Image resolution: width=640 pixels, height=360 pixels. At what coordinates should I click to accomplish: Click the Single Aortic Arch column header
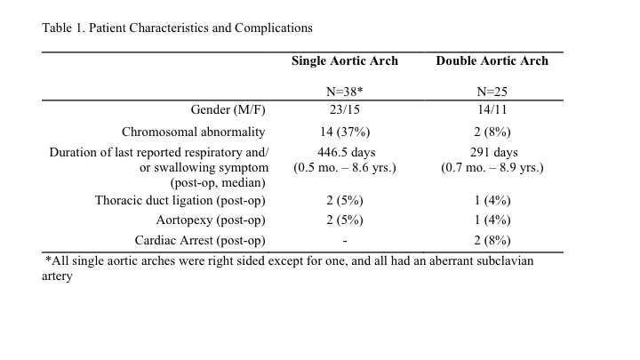click(345, 60)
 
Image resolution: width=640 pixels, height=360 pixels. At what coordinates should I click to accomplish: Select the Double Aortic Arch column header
click(492, 60)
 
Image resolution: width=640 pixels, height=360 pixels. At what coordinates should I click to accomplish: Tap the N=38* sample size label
click(345, 92)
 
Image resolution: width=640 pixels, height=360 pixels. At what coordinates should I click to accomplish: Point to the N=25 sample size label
click(492, 92)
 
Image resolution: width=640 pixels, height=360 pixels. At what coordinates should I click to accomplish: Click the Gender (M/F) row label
click(228, 110)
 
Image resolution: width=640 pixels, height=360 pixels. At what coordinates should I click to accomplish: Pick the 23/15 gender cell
click(345, 110)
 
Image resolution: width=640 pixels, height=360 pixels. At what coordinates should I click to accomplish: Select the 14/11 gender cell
click(492, 110)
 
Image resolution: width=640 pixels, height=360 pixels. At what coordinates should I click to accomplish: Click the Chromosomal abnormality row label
click(194, 132)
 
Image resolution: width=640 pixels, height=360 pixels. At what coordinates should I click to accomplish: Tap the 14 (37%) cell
click(345, 132)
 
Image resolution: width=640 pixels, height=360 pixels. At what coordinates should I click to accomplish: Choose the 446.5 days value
click(346, 152)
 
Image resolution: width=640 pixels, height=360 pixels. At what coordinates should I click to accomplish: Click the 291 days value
click(494, 152)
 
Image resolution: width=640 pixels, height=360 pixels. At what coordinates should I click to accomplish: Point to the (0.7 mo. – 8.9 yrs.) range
click(492, 168)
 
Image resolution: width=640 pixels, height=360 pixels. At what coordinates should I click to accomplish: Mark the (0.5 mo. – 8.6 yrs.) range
click(345, 168)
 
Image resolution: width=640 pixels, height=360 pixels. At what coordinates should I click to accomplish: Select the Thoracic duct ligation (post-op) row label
click(180, 200)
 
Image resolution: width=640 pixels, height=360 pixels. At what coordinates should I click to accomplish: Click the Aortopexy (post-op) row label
click(211, 220)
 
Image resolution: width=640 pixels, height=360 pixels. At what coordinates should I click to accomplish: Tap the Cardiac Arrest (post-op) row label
click(200, 240)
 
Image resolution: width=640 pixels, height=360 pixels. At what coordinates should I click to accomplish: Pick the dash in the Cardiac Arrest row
click(345, 242)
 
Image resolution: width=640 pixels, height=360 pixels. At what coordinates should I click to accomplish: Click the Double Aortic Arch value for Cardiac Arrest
click(492, 240)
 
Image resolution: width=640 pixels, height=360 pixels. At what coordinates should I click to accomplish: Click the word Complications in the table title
click(274, 28)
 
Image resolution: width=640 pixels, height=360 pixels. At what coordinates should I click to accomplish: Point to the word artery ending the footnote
click(57, 276)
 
